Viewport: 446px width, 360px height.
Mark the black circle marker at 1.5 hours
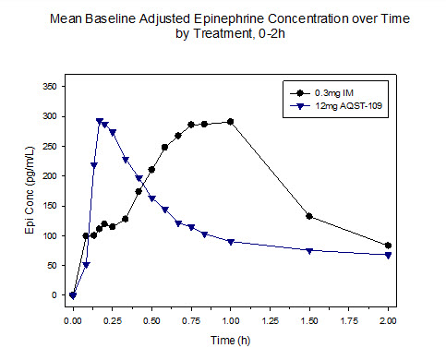309,216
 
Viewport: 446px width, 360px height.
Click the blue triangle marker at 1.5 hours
309,251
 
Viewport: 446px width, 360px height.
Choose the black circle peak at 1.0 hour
230,122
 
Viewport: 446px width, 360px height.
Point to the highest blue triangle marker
99,121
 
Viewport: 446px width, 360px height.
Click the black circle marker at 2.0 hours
388,246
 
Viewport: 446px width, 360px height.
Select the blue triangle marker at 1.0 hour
230,242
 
